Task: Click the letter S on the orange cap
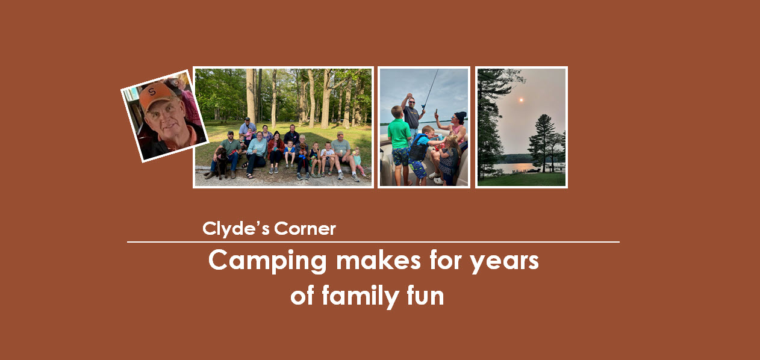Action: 152,92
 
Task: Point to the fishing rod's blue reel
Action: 422,108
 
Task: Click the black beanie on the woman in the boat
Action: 461,116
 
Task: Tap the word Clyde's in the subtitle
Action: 235,229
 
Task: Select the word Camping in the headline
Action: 267,261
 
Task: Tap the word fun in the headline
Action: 424,296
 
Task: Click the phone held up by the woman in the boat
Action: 436,111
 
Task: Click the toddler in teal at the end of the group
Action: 357,161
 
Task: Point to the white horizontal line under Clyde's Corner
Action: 373,242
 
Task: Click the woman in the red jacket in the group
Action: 276,149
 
